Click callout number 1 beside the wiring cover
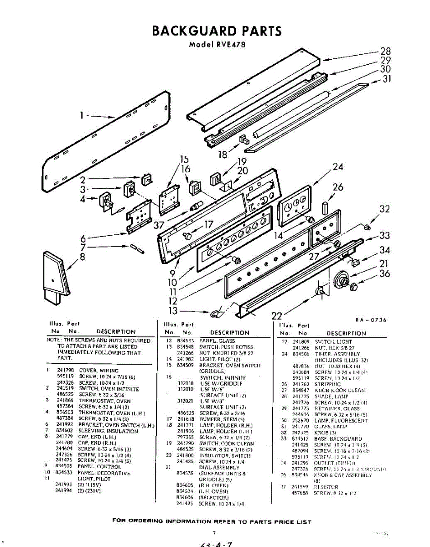[82, 116]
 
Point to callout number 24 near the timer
[337, 167]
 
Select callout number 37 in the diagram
[158, 225]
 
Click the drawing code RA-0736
[370, 320]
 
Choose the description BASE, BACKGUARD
[338, 439]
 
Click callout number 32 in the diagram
[385, 209]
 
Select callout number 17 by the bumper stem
[208, 224]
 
